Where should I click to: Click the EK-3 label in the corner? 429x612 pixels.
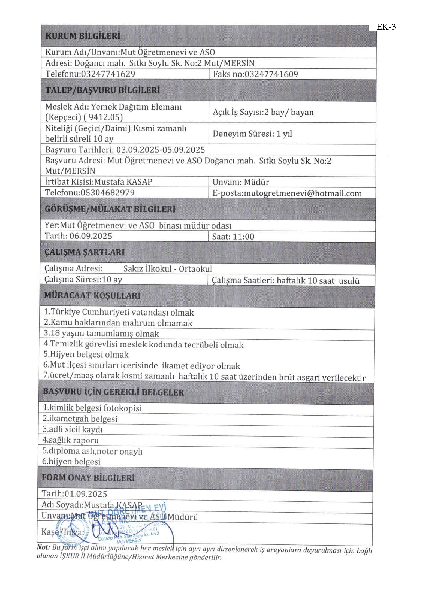(x=386, y=27)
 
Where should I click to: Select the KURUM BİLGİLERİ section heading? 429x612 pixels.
(x=83, y=36)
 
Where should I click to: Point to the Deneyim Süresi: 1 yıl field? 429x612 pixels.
(x=252, y=134)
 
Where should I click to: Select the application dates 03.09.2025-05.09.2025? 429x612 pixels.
(x=160, y=150)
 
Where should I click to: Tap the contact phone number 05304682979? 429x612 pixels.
(x=107, y=193)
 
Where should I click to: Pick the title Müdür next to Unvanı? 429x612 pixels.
(x=256, y=182)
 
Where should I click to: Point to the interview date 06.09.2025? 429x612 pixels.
(x=91, y=236)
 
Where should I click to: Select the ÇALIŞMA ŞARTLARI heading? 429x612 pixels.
(x=84, y=252)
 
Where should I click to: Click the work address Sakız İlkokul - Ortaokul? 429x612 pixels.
(x=168, y=269)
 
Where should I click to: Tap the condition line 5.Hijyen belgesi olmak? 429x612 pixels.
(x=86, y=354)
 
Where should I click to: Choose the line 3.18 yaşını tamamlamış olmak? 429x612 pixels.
(x=101, y=334)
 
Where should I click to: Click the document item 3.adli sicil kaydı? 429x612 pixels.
(x=73, y=429)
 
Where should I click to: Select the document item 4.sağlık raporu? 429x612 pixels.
(x=71, y=440)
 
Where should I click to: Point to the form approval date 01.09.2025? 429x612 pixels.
(x=86, y=494)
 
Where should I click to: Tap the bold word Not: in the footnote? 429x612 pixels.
(x=43, y=547)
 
